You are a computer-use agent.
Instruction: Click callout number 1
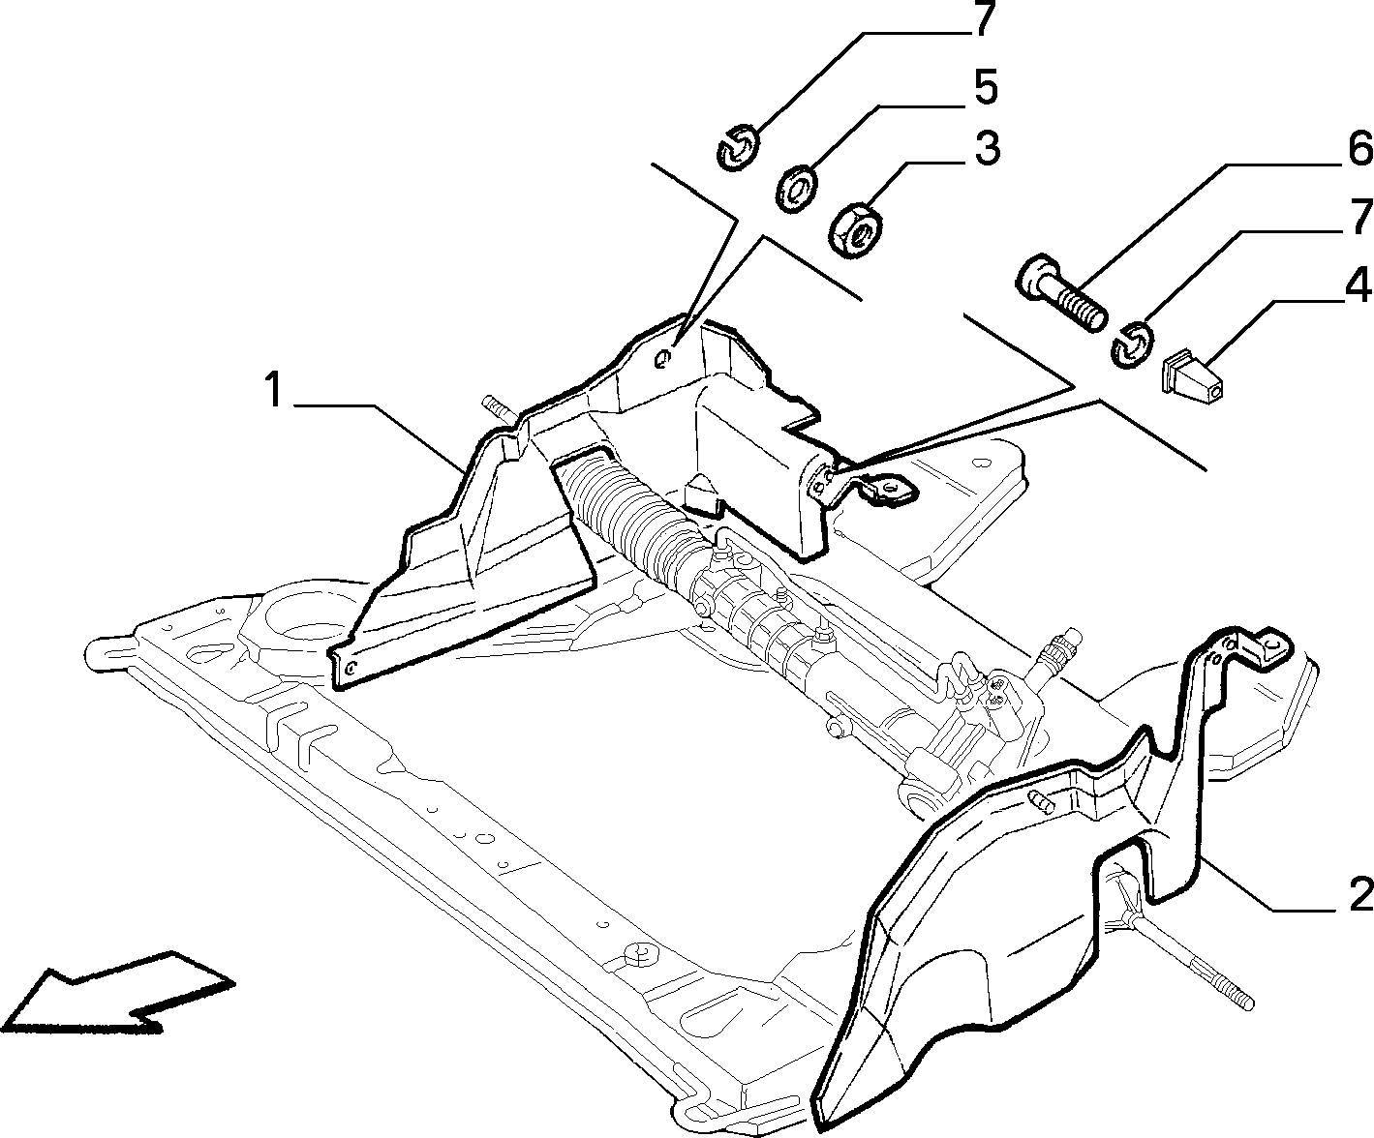274,391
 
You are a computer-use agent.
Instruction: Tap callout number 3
987,149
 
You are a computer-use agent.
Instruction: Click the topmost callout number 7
984,18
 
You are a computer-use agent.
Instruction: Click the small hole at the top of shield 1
663,358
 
